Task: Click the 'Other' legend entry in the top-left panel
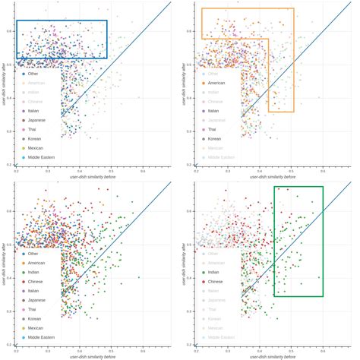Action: [x=33, y=74]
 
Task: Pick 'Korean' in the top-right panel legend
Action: [x=214, y=138]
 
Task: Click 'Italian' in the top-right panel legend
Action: [x=213, y=111]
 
